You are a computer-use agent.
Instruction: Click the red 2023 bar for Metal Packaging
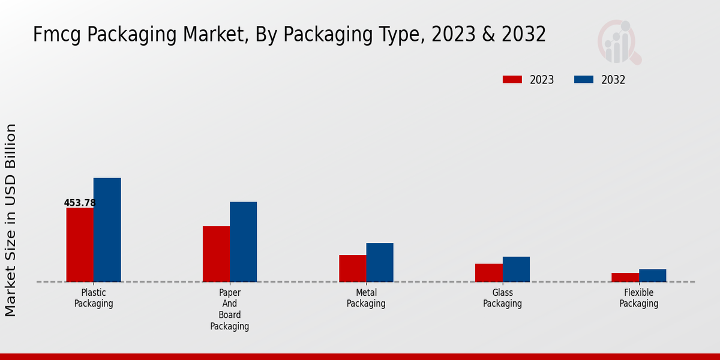coord(353,268)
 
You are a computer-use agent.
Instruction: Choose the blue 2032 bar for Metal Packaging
coord(380,262)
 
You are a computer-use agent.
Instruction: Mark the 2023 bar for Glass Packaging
coord(489,273)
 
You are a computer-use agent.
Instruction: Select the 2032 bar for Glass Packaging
coord(516,269)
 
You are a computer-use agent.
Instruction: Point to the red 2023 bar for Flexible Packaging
coord(625,277)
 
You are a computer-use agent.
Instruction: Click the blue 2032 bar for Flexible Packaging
coord(653,275)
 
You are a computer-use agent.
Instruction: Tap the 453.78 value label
coord(80,203)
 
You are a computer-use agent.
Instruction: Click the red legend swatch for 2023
coord(513,80)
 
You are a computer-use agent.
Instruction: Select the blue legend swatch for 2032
coord(584,80)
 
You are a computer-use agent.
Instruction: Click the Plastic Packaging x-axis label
coord(94,298)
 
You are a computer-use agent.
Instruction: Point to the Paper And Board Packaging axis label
coord(230,310)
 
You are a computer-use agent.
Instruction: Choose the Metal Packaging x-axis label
coord(366,298)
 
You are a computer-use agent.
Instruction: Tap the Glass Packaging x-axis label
coord(502,298)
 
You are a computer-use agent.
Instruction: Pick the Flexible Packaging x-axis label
coord(639,298)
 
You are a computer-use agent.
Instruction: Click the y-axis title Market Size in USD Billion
coord(11,220)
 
